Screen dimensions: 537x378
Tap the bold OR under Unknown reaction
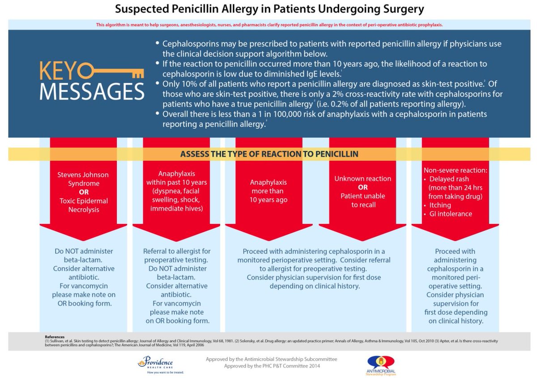(362, 187)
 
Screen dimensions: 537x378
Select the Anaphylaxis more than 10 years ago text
(268, 191)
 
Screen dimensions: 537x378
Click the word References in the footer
(55, 336)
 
